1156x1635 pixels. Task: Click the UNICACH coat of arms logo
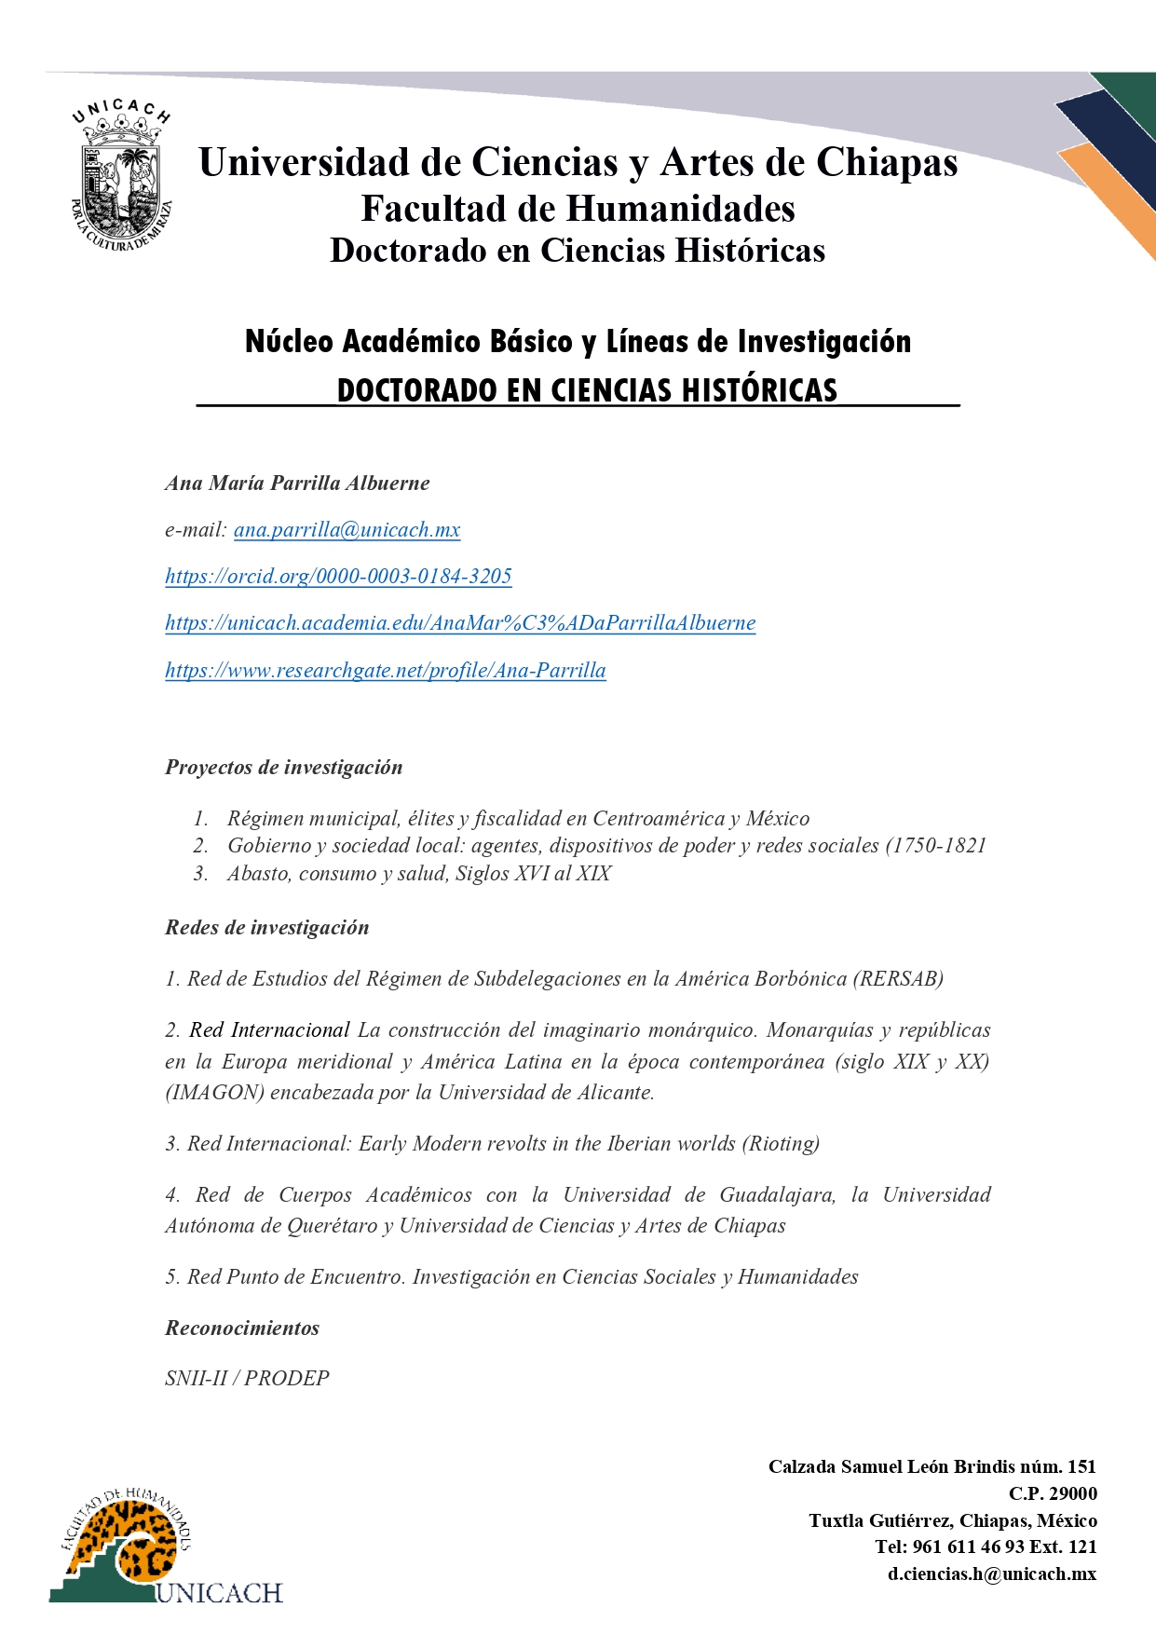click(x=122, y=177)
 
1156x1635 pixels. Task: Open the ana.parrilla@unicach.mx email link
click(x=347, y=530)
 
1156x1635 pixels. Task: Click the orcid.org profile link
click(x=338, y=577)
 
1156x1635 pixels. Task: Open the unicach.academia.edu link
click(x=460, y=623)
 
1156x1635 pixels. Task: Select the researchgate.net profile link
click(x=386, y=671)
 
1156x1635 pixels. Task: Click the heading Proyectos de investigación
click(x=284, y=768)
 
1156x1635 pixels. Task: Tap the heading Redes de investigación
click(x=267, y=928)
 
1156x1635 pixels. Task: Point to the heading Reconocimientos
click(x=242, y=1328)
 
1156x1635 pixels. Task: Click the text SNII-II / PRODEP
click(x=247, y=1379)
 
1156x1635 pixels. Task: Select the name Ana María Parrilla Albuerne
click(x=297, y=484)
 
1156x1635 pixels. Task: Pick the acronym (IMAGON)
click(x=214, y=1093)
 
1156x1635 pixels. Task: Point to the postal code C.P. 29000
click(x=1053, y=1493)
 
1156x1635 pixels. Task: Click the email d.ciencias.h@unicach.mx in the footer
click(x=991, y=1574)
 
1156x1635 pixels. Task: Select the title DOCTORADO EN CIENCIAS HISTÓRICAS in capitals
click(x=587, y=390)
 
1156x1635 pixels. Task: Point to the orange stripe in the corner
click(x=1113, y=196)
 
